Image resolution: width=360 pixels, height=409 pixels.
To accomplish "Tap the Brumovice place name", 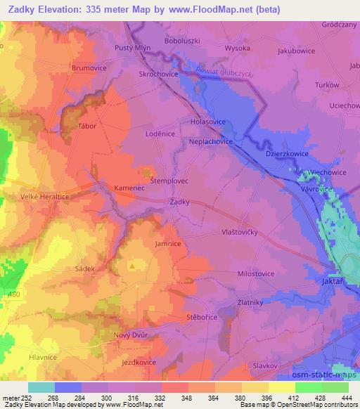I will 88,68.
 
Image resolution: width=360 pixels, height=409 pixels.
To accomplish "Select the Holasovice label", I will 207,121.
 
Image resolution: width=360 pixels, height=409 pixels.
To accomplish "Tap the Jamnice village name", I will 168,243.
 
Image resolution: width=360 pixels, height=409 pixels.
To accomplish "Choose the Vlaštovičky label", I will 230,232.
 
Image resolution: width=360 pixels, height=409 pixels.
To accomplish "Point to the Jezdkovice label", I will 139,362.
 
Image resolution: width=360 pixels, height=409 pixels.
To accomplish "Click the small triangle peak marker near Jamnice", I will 132,266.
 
